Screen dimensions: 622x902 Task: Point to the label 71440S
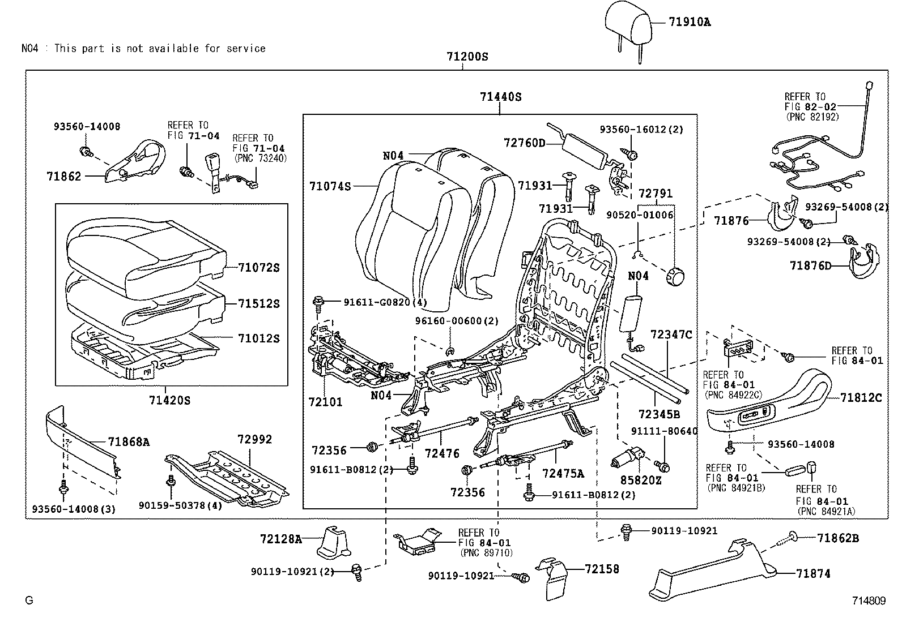(x=500, y=97)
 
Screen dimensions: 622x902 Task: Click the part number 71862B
(x=838, y=538)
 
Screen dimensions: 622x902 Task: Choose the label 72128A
(x=281, y=539)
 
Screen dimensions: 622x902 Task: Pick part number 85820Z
(x=640, y=481)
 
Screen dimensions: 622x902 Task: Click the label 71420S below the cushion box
(x=170, y=401)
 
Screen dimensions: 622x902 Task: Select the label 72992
(x=254, y=439)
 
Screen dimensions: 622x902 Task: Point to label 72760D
(x=524, y=143)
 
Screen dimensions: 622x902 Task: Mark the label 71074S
(x=330, y=186)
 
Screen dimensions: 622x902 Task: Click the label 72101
(x=326, y=402)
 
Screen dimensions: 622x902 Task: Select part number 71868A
(x=129, y=442)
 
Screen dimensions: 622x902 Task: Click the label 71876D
(x=811, y=265)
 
